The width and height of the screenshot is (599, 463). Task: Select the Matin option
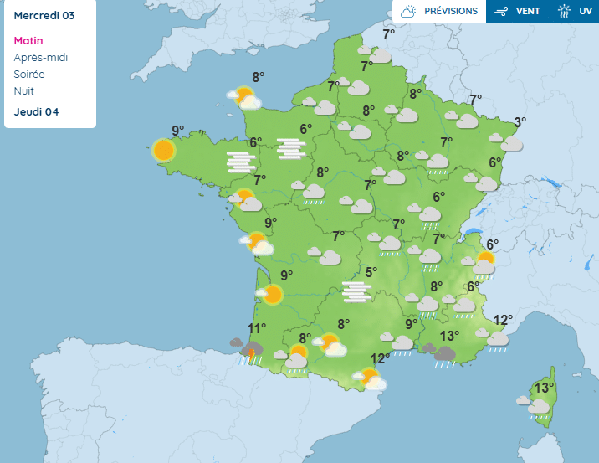[x=28, y=40]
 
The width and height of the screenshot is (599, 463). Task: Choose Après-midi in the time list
[x=41, y=57]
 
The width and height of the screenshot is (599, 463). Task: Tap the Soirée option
[x=30, y=74]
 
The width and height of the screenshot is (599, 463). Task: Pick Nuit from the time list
[x=24, y=90]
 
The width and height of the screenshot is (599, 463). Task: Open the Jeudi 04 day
[x=36, y=112]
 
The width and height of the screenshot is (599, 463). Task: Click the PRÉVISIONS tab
[x=441, y=12]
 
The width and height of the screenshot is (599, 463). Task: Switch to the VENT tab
[x=517, y=12]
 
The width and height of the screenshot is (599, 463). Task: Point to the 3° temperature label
[x=520, y=122]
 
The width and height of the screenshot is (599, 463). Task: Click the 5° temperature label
[x=371, y=272]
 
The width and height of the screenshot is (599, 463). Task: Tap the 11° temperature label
[x=256, y=328]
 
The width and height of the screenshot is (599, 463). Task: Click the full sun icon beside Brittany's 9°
[x=164, y=151]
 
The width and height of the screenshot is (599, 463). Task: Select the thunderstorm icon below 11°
[x=248, y=350]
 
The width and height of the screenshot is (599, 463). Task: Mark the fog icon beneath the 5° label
[x=357, y=291]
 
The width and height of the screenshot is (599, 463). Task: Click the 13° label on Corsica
[x=545, y=388]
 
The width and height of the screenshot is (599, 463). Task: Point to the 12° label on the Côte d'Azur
[x=503, y=320]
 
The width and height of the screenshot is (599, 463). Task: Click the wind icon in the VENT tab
[x=502, y=12]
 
